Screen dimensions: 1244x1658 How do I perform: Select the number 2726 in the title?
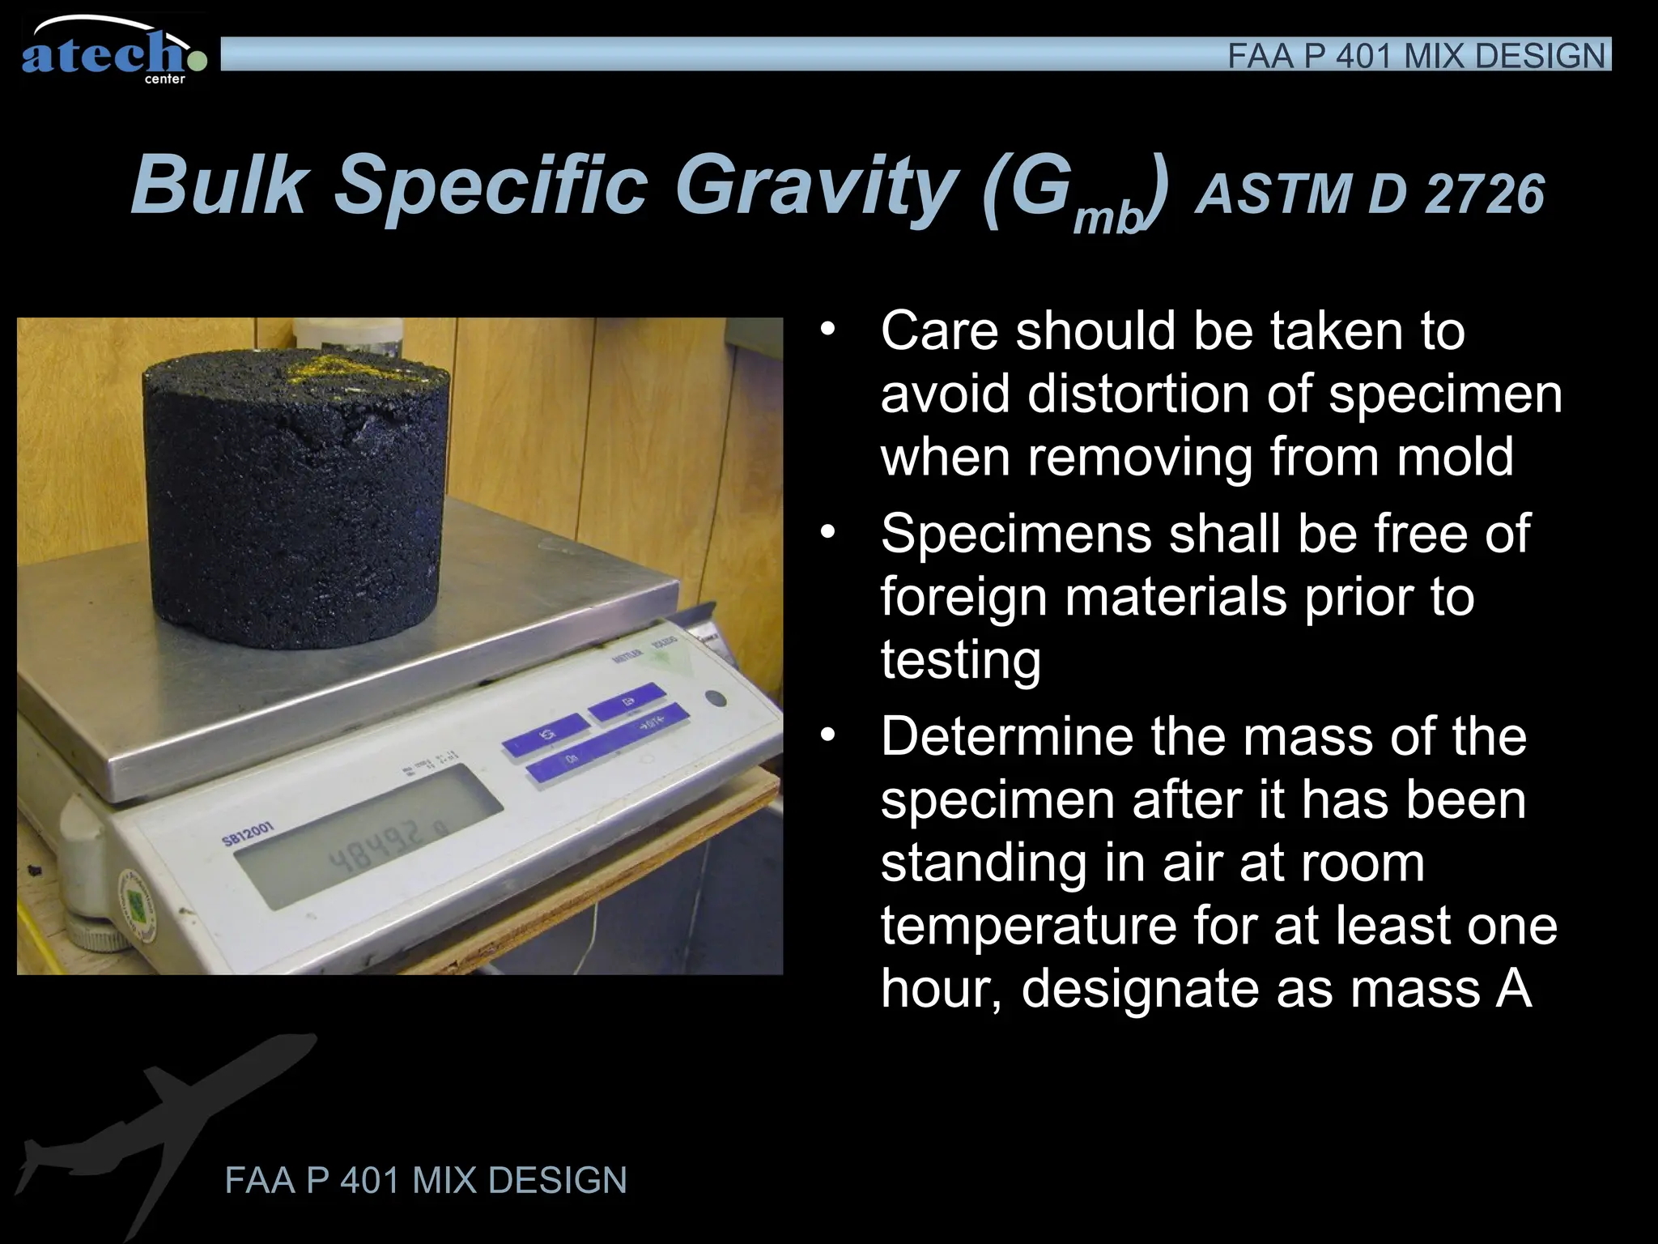(1485, 195)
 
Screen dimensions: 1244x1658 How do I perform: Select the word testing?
(960, 660)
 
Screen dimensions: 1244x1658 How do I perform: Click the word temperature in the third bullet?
(1028, 926)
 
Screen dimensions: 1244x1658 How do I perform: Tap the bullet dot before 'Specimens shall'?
(827, 534)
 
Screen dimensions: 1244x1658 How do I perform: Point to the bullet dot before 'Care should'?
(827, 330)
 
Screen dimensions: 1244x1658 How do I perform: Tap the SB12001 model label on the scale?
(249, 833)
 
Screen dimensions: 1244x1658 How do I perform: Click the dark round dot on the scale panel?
(715, 699)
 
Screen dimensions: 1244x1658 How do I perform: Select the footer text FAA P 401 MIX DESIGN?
(426, 1180)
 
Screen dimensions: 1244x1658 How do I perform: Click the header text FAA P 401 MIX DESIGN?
(1416, 56)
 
